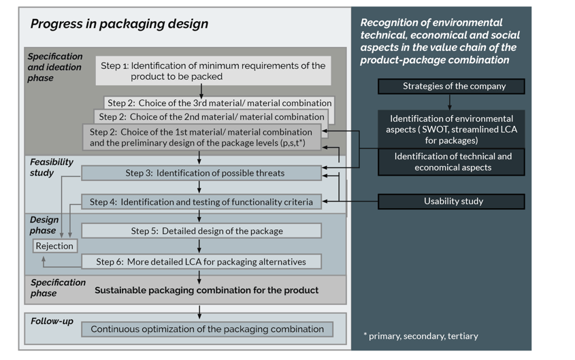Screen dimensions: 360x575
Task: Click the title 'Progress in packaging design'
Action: point(119,24)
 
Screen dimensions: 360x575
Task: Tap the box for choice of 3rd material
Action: point(219,103)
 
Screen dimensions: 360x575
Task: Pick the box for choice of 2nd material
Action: point(210,117)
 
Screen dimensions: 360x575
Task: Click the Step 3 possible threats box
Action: point(201,174)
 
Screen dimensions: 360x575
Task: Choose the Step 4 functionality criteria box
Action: point(201,202)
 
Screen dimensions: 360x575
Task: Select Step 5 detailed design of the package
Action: point(201,231)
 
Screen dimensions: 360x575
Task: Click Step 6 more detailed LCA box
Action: point(201,261)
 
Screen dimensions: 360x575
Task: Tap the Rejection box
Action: point(54,246)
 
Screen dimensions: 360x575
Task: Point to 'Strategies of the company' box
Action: point(451,86)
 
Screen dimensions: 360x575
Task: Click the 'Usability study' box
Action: point(451,201)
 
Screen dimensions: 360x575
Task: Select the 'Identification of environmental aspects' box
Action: point(451,129)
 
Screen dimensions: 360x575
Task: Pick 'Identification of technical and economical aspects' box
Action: point(451,162)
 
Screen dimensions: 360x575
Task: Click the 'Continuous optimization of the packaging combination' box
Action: point(207,329)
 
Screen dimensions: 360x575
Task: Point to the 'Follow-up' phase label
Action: point(52,321)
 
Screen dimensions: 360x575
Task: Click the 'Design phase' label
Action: point(44,225)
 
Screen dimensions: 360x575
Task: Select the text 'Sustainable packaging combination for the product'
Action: point(206,290)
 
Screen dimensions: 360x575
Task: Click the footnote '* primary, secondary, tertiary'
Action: point(421,336)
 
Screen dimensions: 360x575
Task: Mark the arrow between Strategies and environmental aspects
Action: point(450,101)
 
